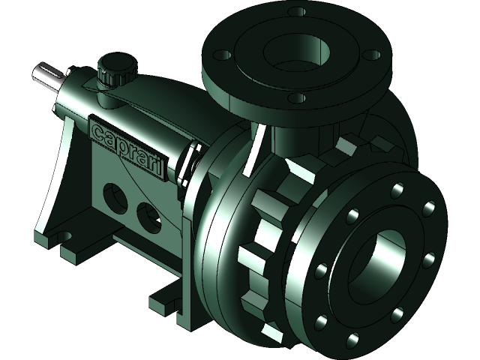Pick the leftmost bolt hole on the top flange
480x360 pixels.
pos(222,55)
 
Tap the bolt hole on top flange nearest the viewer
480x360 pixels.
pos(297,97)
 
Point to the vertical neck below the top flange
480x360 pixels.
pos(289,139)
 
